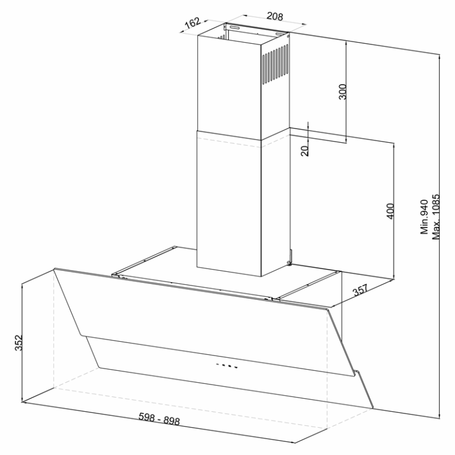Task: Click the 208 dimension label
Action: [x=274, y=16]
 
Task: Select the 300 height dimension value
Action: [x=342, y=92]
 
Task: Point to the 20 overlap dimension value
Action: [x=305, y=151]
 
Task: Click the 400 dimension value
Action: [x=390, y=212]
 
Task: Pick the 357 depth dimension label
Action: [x=360, y=290]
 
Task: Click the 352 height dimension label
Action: [x=18, y=342]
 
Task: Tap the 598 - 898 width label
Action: [x=159, y=419]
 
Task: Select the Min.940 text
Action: [x=424, y=217]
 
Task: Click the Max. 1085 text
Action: [x=436, y=217]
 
